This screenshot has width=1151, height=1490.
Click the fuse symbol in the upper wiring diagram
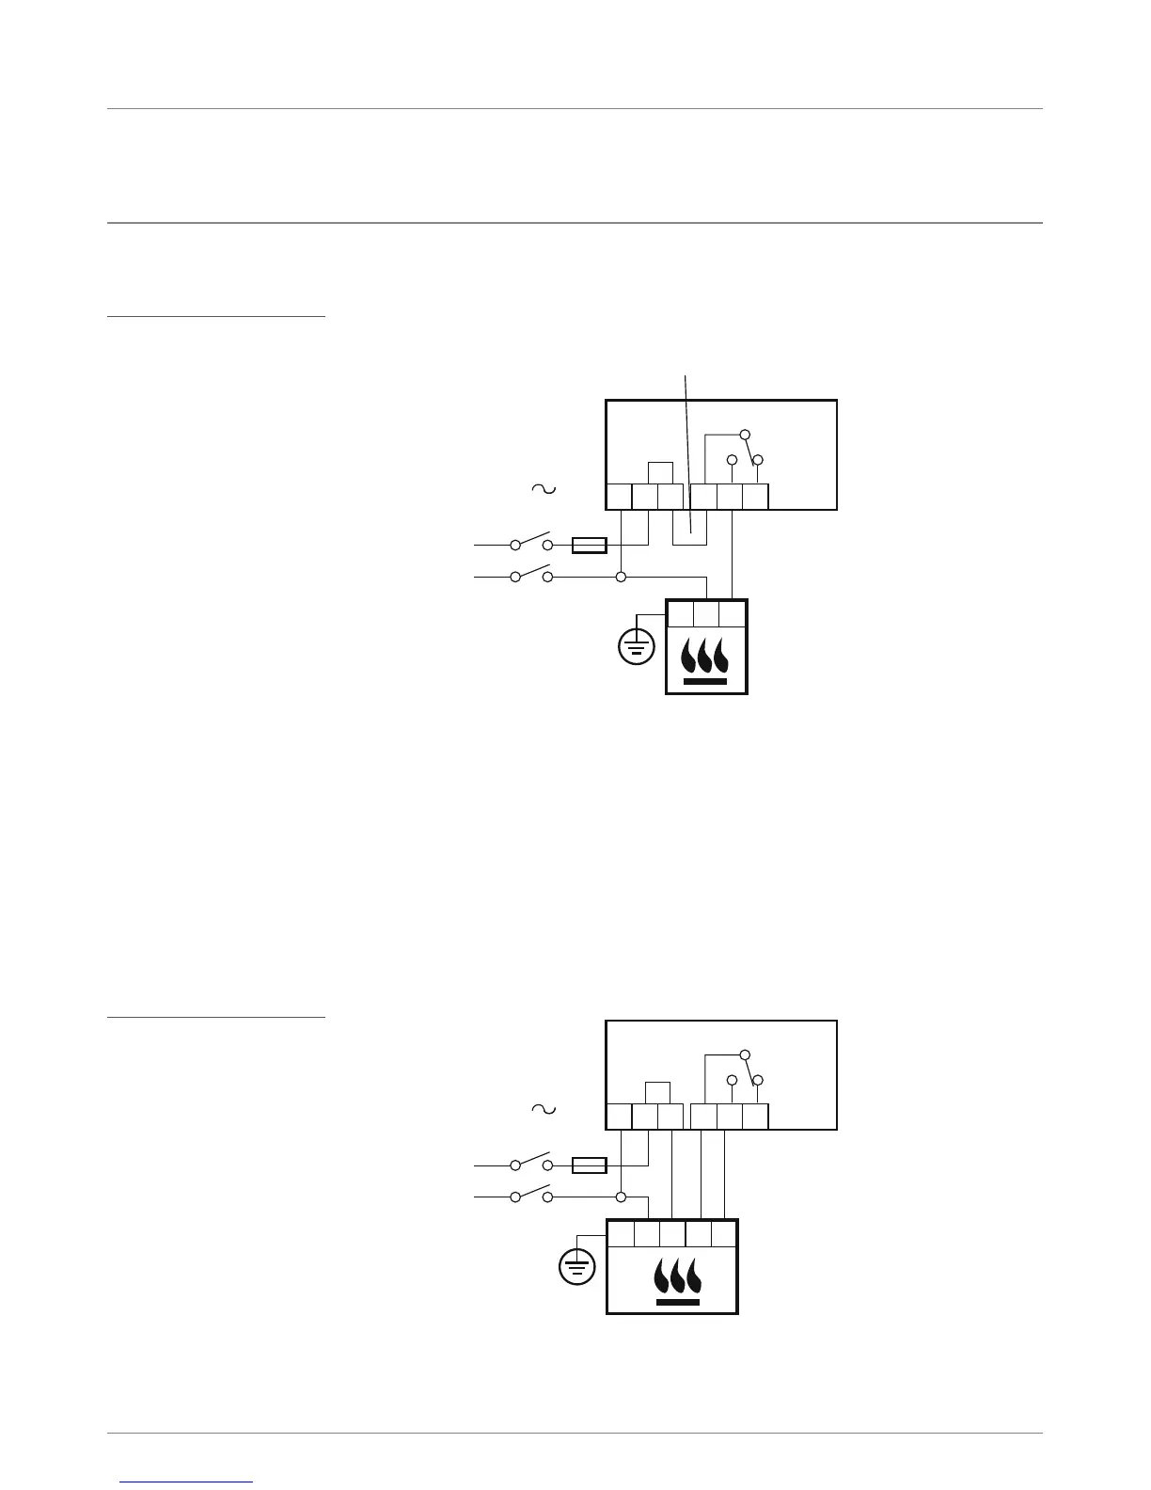click(590, 545)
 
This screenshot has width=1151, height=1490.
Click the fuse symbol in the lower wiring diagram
click(590, 1165)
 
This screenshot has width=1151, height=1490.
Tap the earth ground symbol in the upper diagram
click(637, 646)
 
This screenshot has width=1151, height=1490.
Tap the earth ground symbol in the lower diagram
click(576, 1267)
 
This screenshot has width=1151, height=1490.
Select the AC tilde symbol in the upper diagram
click(544, 488)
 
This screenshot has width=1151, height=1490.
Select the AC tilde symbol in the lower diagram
click(544, 1109)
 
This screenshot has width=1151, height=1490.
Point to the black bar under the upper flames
click(705, 680)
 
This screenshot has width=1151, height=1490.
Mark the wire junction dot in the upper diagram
click(622, 576)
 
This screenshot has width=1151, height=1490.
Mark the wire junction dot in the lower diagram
click(622, 1197)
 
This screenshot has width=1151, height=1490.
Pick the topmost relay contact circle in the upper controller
click(745, 435)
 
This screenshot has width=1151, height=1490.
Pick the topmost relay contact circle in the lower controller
click(745, 1054)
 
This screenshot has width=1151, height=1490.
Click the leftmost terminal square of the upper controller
click(619, 496)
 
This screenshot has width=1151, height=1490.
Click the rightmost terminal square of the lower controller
click(756, 1117)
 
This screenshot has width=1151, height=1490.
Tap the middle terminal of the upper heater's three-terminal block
click(706, 613)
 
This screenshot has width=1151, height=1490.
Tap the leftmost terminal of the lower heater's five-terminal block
click(621, 1233)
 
